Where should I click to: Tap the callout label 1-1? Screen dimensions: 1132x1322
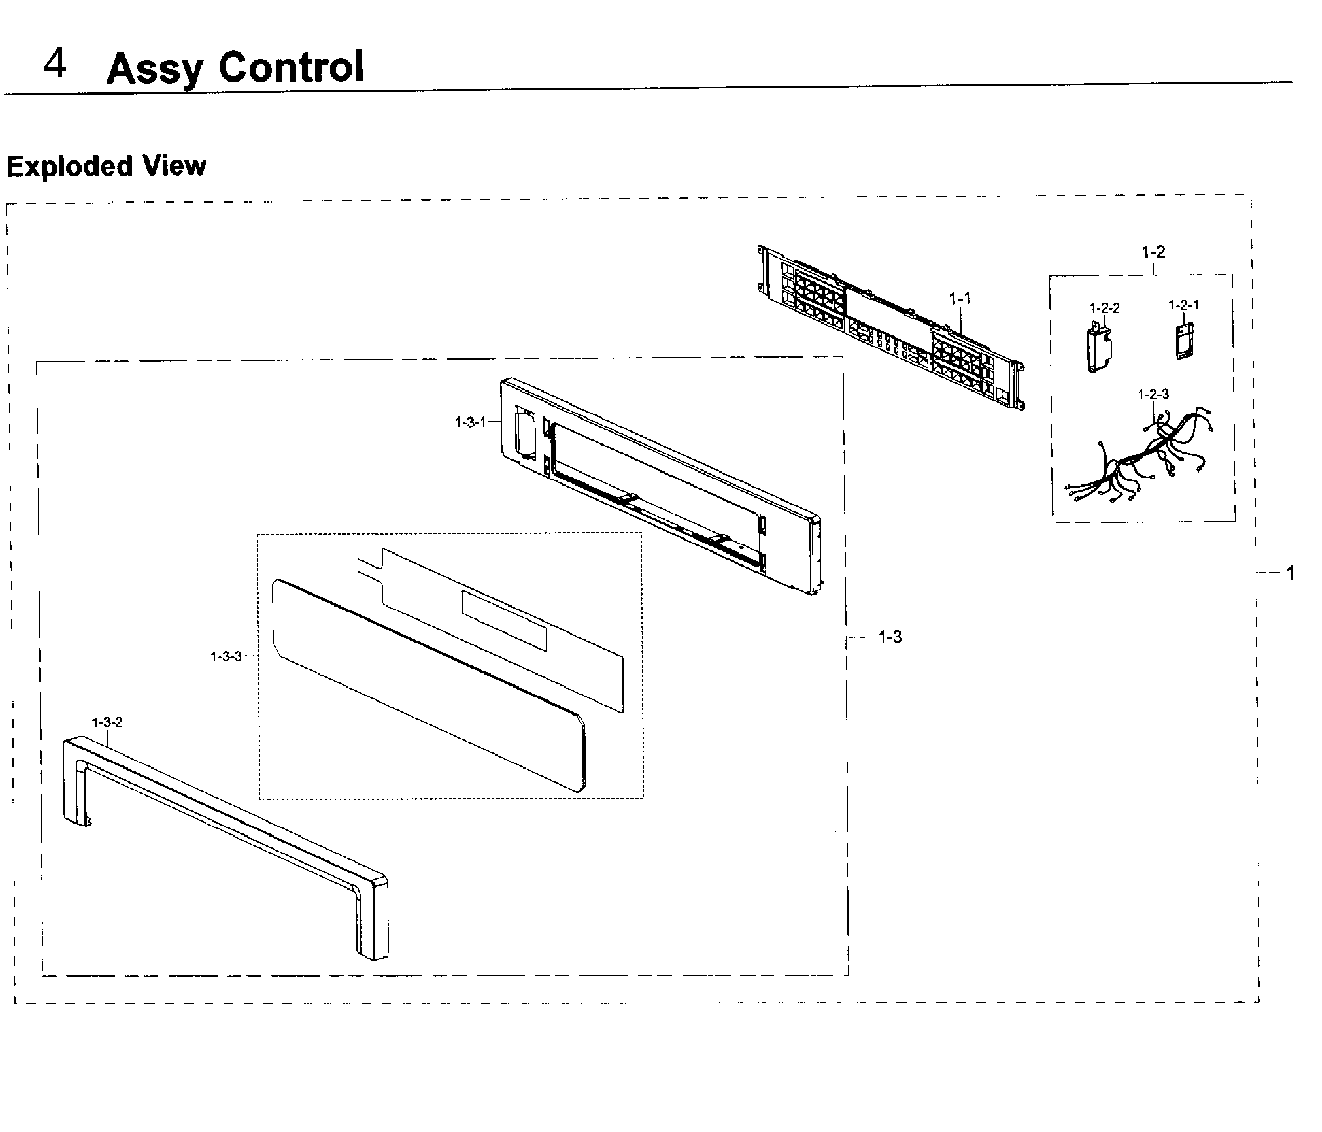tap(960, 298)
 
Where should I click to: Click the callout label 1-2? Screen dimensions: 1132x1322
tap(1153, 252)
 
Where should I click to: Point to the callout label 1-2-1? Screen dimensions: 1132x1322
tap(1183, 305)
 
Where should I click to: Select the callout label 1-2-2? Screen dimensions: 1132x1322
tap(1104, 308)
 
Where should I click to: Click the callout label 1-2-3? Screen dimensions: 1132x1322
tap(1153, 394)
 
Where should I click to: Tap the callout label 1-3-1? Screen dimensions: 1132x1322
tap(470, 422)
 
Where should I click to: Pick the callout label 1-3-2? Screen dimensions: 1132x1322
tap(107, 722)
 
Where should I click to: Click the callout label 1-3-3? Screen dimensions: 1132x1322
tap(226, 656)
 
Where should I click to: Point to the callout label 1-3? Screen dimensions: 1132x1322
tap(889, 637)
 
